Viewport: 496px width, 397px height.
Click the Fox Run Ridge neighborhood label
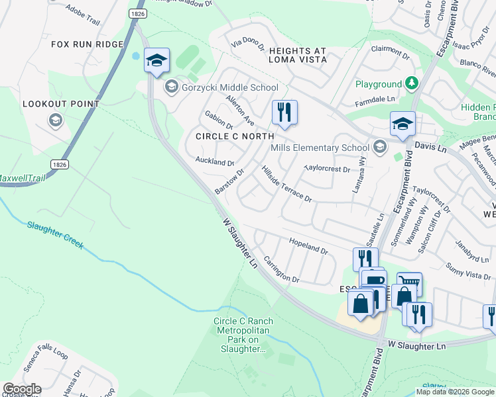click(88, 44)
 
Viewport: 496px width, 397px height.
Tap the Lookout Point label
click(61, 104)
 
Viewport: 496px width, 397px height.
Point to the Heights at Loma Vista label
click(297, 55)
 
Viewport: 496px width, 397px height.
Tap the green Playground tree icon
click(412, 83)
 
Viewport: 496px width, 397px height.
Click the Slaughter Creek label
click(56, 234)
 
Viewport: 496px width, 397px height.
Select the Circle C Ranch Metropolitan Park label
click(243, 335)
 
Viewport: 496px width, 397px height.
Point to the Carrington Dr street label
click(281, 269)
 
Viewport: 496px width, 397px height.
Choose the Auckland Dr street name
click(214, 161)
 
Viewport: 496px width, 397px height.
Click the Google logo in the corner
click(21, 389)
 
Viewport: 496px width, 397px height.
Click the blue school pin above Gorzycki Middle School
click(156, 61)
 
